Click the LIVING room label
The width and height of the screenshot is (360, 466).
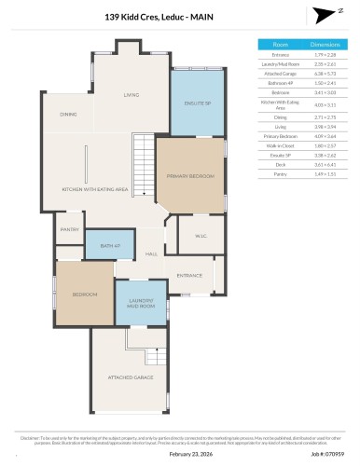[132, 94]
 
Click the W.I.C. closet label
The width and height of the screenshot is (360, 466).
[197, 236]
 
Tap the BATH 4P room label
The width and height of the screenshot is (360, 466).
[102, 247]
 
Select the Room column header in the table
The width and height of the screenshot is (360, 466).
[280, 44]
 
